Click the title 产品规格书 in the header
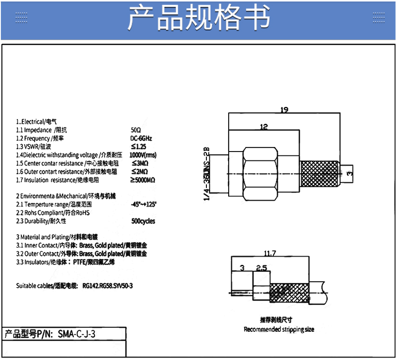point(198,19)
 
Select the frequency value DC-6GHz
point(141,139)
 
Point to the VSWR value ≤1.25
point(139,147)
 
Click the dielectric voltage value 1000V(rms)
point(143,155)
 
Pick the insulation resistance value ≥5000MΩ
point(143,180)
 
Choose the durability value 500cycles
point(144,221)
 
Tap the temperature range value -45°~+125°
point(144,204)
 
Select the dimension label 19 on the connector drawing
point(284,110)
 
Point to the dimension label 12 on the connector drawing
point(263,127)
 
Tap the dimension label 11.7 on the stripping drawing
point(270,254)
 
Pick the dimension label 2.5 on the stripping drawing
point(261,268)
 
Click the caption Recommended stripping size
point(279,329)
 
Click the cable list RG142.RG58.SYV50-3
point(108,286)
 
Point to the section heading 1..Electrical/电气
point(37,121)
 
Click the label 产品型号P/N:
point(28,334)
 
